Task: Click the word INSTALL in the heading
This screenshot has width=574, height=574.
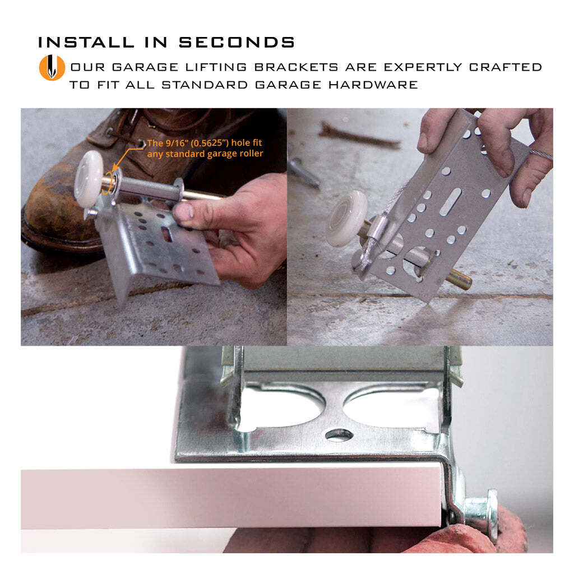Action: click(x=86, y=43)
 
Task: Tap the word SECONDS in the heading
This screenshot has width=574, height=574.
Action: click(x=237, y=43)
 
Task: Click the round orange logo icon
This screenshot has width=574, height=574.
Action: click(x=52, y=67)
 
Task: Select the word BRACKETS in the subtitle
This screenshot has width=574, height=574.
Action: click(x=297, y=67)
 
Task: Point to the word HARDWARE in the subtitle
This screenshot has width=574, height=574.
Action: click(x=373, y=85)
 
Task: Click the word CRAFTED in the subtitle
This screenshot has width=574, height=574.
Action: click(x=506, y=67)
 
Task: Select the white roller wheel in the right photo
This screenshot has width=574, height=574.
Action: click(x=346, y=218)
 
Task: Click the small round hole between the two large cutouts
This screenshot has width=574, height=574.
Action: click(x=339, y=435)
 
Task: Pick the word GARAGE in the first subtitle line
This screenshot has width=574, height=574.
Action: click(x=145, y=67)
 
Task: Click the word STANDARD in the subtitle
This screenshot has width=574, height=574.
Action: click(x=205, y=85)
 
